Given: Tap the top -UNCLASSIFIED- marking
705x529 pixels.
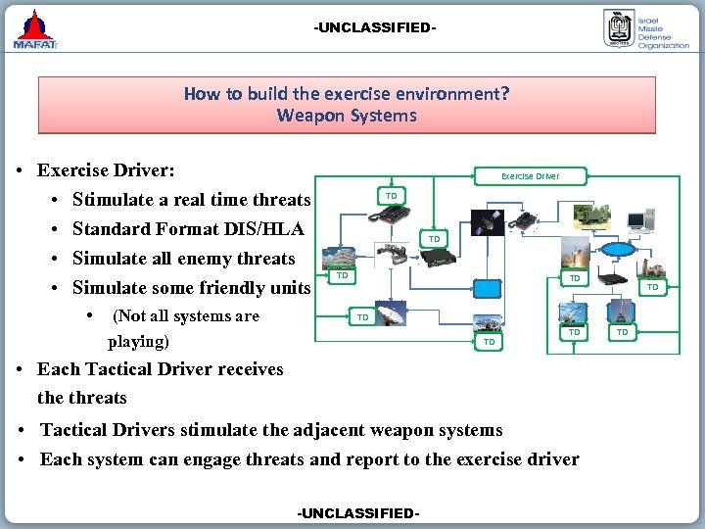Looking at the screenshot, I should (x=374, y=27).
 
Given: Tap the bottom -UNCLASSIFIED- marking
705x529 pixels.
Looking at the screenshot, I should (x=357, y=513).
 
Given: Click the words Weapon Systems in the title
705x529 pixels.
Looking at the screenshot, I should (x=346, y=116).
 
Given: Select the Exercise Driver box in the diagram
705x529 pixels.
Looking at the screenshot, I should (x=530, y=176).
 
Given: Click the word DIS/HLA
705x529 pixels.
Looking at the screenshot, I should (x=271, y=229).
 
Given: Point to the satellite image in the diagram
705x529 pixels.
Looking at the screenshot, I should (x=488, y=219).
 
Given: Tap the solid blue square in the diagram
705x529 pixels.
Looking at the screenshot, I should (x=487, y=287).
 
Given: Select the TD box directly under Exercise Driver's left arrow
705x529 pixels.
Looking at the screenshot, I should (x=391, y=196).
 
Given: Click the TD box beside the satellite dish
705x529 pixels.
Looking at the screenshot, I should (x=362, y=317).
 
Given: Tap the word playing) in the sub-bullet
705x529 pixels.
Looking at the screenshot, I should (x=138, y=342).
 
